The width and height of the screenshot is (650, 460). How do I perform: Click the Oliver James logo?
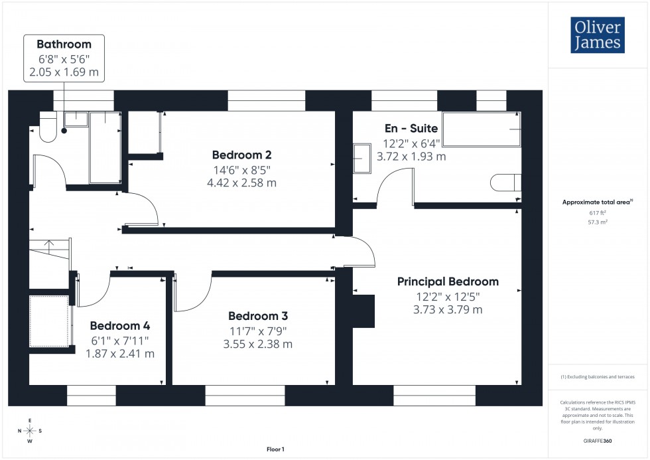(x=598, y=35)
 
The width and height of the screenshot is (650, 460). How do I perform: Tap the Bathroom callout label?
(x=64, y=44)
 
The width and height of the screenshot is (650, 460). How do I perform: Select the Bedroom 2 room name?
(x=241, y=155)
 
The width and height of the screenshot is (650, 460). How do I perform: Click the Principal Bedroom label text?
(x=448, y=281)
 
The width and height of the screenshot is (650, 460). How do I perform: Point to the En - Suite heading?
(x=411, y=129)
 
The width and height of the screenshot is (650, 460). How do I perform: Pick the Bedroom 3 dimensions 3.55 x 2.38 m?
(x=257, y=344)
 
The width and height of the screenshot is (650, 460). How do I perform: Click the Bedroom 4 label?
(x=119, y=326)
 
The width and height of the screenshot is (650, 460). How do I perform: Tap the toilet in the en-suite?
(x=505, y=183)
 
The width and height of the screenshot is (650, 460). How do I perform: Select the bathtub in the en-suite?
(x=482, y=129)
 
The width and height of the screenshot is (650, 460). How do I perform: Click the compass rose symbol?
(x=30, y=431)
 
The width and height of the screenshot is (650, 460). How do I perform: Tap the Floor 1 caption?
(x=275, y=449)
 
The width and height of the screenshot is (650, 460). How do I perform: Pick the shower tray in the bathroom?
(x=105, y=147)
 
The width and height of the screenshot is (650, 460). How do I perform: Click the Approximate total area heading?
(x=596, y=202)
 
